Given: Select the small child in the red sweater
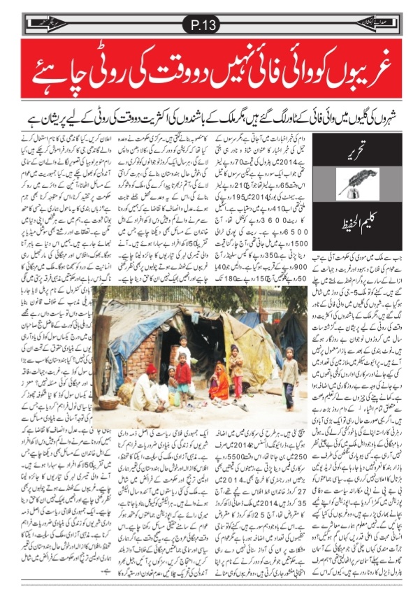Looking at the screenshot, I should pyautogui.click(x=183, y=374).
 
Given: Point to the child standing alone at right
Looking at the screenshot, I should pyautogui.click(x=288, y=381).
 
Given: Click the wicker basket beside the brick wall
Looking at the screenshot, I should pyautogui.click(x=109, y=401).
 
